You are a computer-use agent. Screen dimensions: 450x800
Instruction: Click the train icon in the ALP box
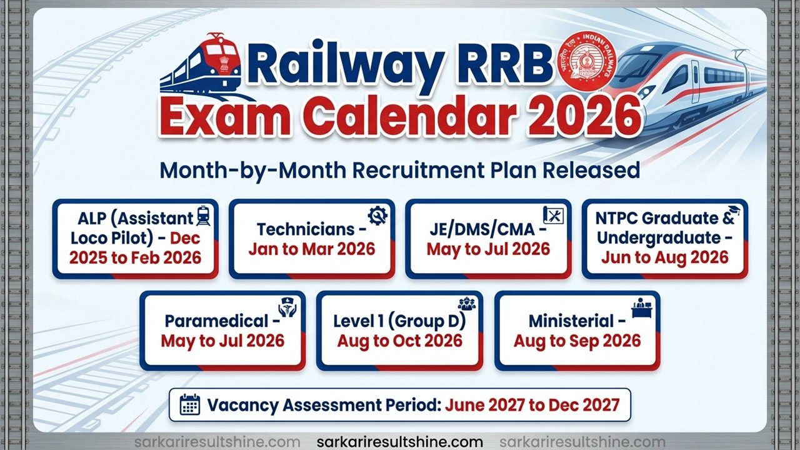pos(204,217)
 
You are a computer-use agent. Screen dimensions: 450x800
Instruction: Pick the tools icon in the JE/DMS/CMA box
pos(554,215)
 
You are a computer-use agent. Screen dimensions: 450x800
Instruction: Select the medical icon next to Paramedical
pos(287,308)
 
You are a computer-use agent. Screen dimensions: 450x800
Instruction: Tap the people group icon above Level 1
pos(466,304)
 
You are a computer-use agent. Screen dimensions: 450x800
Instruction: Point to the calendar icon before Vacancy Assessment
pos(189,405)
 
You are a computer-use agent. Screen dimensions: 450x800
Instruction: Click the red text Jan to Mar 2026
pos(311,249)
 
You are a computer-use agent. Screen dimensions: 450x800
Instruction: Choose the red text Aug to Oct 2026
pos(400,341)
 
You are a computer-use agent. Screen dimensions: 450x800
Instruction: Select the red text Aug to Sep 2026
pos(577,341)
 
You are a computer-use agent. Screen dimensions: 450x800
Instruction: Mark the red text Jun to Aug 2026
pos(665,257)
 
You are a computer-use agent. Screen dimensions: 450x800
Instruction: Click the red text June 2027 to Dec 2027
pos(532,405)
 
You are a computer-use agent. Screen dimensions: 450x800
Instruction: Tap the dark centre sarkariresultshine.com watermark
pos(400,442)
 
